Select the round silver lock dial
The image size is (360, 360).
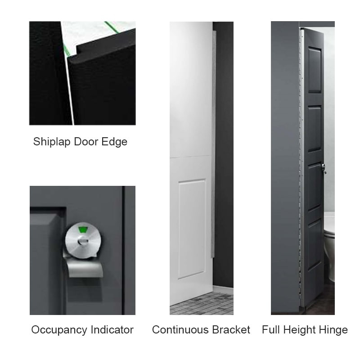pos(82,238)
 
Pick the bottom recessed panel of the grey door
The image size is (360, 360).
pos(314,245)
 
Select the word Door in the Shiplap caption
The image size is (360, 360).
pos(85,142)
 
